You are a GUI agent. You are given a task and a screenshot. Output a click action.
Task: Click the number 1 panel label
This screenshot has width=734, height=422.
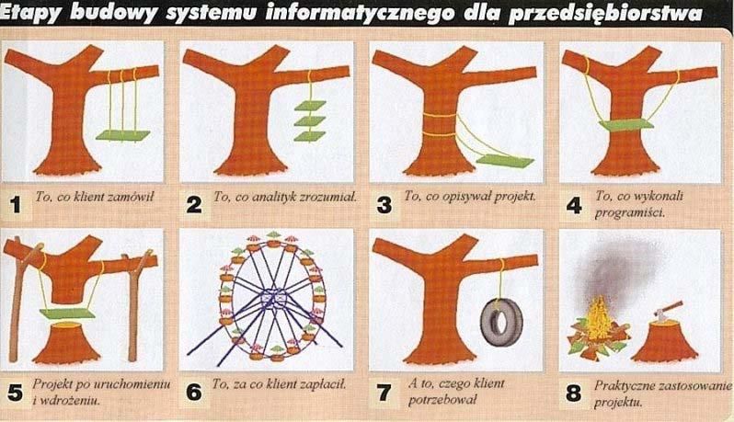[16, 204]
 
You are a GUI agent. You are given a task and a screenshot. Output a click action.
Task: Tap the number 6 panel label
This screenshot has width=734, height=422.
[194, 392]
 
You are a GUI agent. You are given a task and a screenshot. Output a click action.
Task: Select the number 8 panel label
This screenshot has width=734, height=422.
[573, 393]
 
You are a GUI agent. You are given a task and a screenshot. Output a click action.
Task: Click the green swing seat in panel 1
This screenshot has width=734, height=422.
[123, 136]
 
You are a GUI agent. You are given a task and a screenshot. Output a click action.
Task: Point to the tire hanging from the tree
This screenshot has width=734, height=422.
[501, 322]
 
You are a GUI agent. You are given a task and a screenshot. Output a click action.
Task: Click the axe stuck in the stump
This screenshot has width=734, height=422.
[669, 311]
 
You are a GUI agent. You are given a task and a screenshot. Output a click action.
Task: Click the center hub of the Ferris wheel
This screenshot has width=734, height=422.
[275, 298]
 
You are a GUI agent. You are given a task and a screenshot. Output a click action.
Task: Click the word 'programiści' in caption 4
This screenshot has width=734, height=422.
[629, 213]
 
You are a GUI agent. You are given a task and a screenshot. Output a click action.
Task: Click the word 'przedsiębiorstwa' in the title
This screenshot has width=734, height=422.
[605, 14]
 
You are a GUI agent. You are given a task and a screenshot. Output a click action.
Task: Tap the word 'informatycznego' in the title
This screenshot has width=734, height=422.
[360, 13]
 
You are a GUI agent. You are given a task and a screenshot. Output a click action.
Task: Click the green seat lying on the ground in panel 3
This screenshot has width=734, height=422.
[506, 161]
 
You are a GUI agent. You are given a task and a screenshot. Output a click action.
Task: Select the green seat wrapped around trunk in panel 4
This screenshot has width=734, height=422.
[625, 125]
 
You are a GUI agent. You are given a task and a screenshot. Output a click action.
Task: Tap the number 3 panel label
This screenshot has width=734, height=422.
[384, 205]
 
